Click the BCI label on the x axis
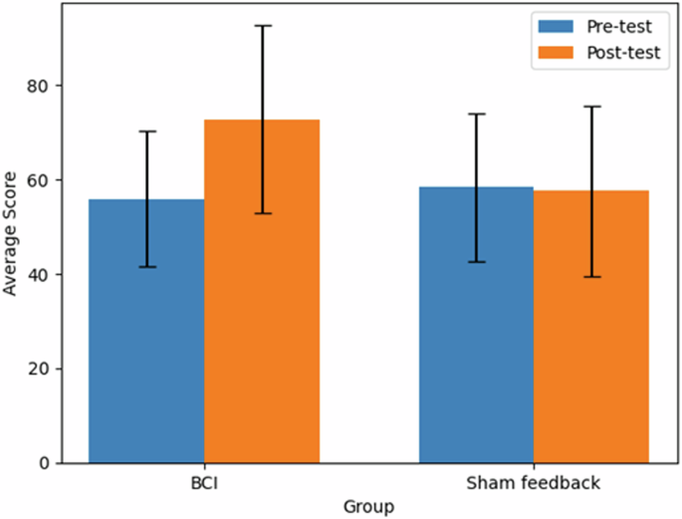(x=204, y=484)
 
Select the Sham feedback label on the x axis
(x=534, y=484)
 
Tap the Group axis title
(x=368, y=506)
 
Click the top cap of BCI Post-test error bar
(x=262, y=26)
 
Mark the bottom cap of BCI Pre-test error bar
(x=146, y=267)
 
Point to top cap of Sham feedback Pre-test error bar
(x=476, y=115)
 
